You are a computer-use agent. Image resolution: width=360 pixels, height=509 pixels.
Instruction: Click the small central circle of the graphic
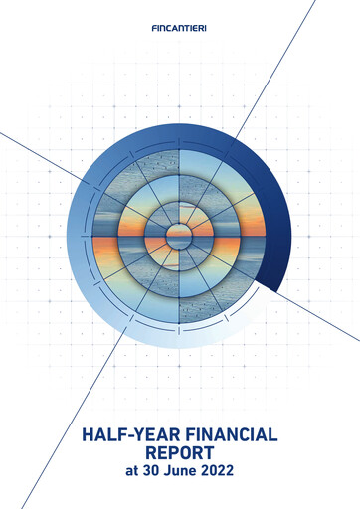[x=180, y=236]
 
